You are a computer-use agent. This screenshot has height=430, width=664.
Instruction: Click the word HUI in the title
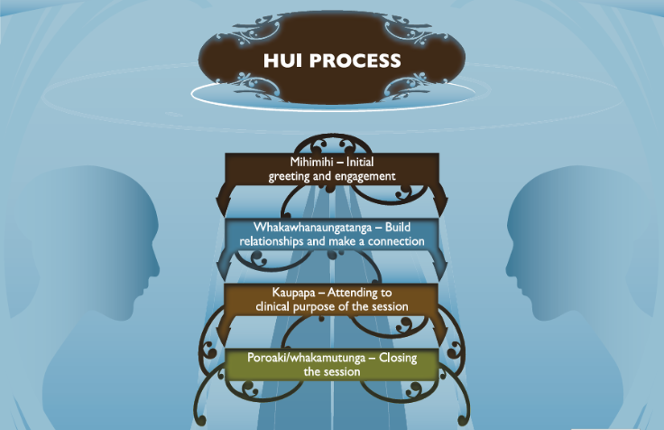(x=281, y=62)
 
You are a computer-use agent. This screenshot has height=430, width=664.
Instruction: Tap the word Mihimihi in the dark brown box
(x=303, y=163)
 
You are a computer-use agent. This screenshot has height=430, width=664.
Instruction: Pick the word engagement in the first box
(x=364, y=176)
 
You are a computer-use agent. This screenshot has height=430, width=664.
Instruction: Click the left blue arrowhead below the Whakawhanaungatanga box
(x=225, y=266)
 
